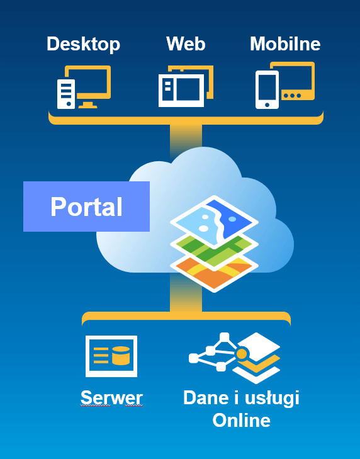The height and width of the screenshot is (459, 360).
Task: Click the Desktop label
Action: (x=84, y=45)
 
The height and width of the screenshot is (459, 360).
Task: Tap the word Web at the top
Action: (x=186, y=43)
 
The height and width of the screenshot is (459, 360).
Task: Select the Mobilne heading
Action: (x=285, y=43)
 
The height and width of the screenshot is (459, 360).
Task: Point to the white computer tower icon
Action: (x=66, y=94)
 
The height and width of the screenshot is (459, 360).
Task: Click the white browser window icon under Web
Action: (x=181, y=91)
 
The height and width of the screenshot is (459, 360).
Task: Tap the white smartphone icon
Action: (x=267, y=90)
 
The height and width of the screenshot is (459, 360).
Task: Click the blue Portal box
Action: (x=86, y=207)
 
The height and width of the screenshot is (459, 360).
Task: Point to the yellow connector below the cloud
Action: (x=186, y=293)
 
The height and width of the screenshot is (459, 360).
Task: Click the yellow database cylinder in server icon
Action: (x=121, y=356)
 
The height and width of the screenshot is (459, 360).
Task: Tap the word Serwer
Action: (x=111, y=397)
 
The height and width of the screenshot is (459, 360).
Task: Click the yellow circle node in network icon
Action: (x=242, y=354)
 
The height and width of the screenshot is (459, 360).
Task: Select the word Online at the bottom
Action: (x=242, y=421)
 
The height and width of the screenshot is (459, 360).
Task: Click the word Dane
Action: (x=206, y=397)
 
